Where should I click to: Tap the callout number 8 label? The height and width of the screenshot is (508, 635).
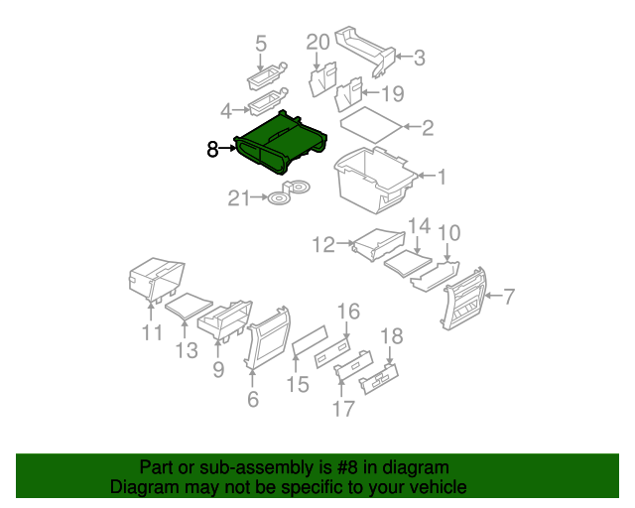[212, 150]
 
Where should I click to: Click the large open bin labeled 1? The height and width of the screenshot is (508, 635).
[375, 179]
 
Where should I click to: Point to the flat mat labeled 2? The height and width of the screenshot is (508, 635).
[372, 126]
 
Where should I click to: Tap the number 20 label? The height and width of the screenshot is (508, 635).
[317, 42]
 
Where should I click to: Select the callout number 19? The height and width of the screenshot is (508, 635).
[393, 94]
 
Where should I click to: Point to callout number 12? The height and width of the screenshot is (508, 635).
[324, 243]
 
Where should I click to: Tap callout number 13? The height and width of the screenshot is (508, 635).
[187, 349]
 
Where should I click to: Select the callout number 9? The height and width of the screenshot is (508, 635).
[218, 369]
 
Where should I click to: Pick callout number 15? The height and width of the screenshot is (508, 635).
[298, 383]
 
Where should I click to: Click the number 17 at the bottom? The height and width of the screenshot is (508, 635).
[342, 408]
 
